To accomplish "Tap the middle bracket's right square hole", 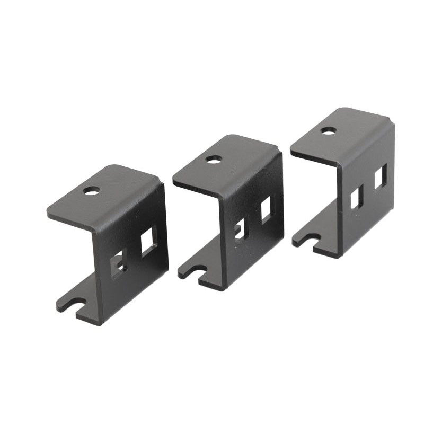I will (x=266, y=210).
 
